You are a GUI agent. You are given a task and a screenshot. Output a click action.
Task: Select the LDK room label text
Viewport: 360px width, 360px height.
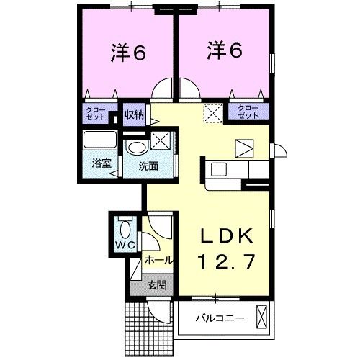point(225,236)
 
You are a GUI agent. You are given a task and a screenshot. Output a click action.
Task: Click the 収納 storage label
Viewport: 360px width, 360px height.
point(133,114)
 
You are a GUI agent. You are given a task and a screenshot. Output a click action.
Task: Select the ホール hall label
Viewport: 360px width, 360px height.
point(158,259)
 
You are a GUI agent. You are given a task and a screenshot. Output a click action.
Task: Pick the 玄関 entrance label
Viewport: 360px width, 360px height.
point(157,285)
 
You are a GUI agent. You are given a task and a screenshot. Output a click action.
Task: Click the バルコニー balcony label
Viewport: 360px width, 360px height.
point(220,318)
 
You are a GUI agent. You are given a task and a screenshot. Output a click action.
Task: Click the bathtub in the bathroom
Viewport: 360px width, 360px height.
point(102,140)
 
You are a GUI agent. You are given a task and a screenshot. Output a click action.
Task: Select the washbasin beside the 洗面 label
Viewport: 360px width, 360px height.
point(135,147)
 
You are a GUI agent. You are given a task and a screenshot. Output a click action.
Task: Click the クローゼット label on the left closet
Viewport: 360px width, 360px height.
point(96,114)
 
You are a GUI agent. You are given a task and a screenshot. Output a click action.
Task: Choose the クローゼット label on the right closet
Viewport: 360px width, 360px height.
point(248,112)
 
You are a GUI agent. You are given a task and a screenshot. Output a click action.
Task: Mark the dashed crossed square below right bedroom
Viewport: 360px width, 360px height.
point(213,112)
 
